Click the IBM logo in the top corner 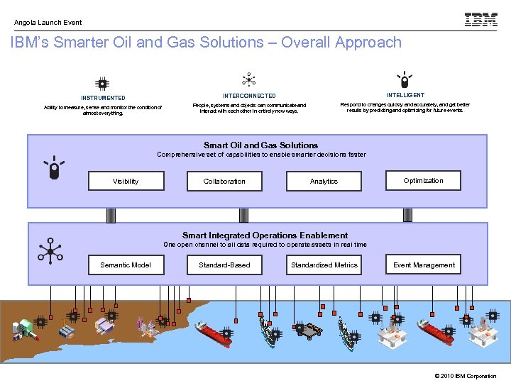click(x=480, y=20)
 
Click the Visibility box click(x=126, y=182)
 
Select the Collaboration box click(x=224, y=182)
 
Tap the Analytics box click(x=324, y=182)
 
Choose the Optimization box click(x=423, y=181)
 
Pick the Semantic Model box click(x=126, y=265)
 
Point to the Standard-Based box click(x=224, y=265)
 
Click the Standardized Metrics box click(x=324, y=265)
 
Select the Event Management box click(x=424, y=265)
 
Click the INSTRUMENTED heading click(x=103, y=98)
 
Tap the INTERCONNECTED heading click(x=249, y=96)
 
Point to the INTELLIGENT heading click(x=405, y=95)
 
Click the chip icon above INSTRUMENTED click(x=103, y=84)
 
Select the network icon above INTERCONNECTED click(x=248, y=79)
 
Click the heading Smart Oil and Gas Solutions click(x=260, y=145)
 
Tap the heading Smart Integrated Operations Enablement click(x=265, y=235)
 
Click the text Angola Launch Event click(x=48, y=23)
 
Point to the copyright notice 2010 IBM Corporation click(x=465, y=376)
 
